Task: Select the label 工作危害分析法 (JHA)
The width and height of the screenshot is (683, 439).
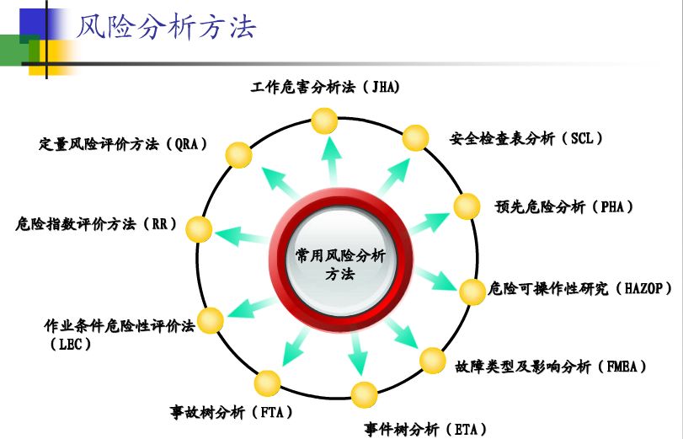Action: click(x=324, y=88)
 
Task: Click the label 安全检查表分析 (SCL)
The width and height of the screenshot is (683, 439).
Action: click(x=526, y=138)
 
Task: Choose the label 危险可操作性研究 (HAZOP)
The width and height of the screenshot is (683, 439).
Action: click(x=580, y=288)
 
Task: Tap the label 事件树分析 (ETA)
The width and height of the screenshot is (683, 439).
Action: click(x=426, y=429)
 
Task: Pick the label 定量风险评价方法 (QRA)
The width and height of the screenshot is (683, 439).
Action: click(x=123, y=143)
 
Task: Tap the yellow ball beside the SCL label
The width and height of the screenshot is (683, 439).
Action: click(x=415, y=137)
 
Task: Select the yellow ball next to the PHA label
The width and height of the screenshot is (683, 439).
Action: click(x=467, y=206)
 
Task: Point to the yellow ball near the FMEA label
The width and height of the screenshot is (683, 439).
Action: click(x=432, y=361)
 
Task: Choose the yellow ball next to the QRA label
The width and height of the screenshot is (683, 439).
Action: click(x=239, y=155)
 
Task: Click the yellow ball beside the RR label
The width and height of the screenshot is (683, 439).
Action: click(x=199, y=228)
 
